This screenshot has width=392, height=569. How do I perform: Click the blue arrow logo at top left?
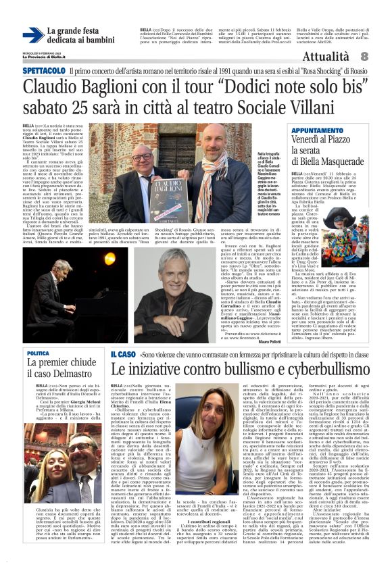click(x=32, y=35)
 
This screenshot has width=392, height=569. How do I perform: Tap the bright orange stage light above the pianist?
click(x=109, y=258)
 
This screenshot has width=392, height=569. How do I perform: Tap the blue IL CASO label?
click(x=123, y=353)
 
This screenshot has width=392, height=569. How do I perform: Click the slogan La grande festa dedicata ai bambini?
click(x=76, y=36)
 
